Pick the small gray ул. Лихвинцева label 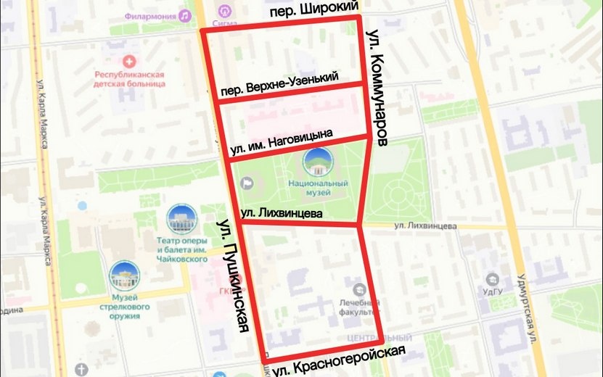425,226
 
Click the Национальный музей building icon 319,162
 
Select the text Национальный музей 319,188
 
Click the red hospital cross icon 130,62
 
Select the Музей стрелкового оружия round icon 124,275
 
